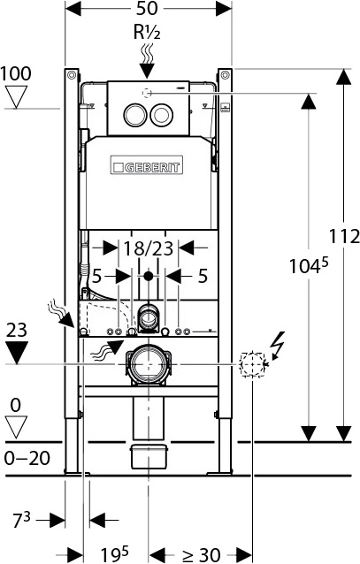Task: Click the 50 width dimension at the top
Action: click(x=149, y=11)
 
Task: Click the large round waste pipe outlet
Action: click(x=147, y=364)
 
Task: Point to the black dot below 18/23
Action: click(x=148, y=277)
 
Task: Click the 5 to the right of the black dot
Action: click(x=203, y=277)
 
